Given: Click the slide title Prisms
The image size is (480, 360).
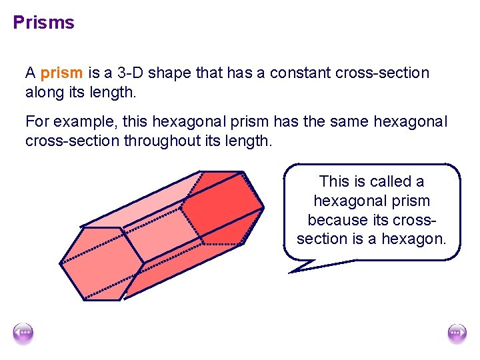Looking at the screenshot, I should [x=44, y=23].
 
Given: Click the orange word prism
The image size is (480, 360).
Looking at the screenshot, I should [x=62, y=73].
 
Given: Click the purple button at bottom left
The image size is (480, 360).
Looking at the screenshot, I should [x=23, y=333].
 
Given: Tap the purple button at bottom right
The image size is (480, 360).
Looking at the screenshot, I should [x=457, y=333].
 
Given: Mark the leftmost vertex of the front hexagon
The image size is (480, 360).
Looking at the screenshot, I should [x=61, y=264].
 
